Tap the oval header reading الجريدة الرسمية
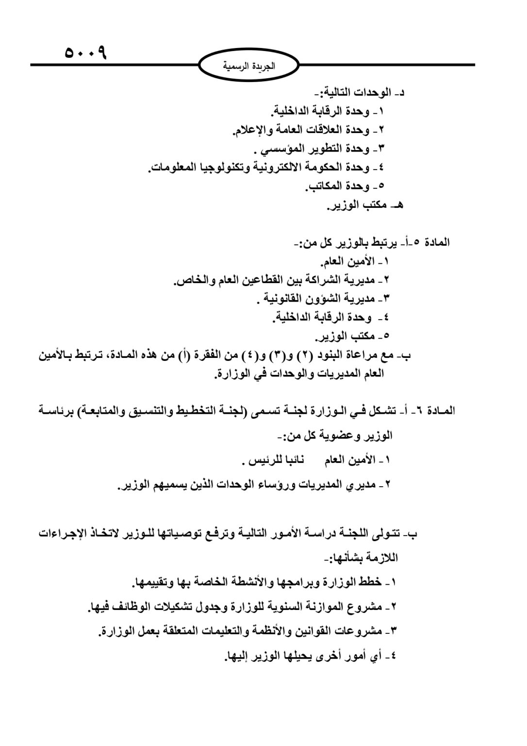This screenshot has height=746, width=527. [x=248, y=67]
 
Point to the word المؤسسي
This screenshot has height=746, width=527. [x=281, y=149]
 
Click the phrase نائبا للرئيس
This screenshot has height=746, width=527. [x=277, y=459]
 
